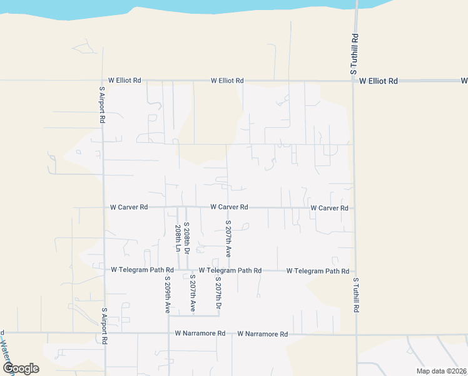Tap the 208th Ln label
coord(178,238)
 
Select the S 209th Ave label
coord(168,295)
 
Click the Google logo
coord(21,368)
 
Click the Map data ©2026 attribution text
coord(440,371)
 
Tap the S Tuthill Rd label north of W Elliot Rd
coord(355,55)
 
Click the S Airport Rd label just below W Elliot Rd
coord(102,104)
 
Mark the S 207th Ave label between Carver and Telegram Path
coord(228,239)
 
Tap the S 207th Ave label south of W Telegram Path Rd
coord(192,293)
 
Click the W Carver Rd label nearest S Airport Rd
coord(129,207)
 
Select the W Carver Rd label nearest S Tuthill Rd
coord(329,207)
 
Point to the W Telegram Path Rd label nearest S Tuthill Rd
coord(318,271)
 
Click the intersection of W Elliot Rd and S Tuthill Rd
coord(354,81)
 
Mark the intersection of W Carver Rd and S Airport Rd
coord(104,207)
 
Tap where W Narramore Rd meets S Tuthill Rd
coord(357,335)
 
